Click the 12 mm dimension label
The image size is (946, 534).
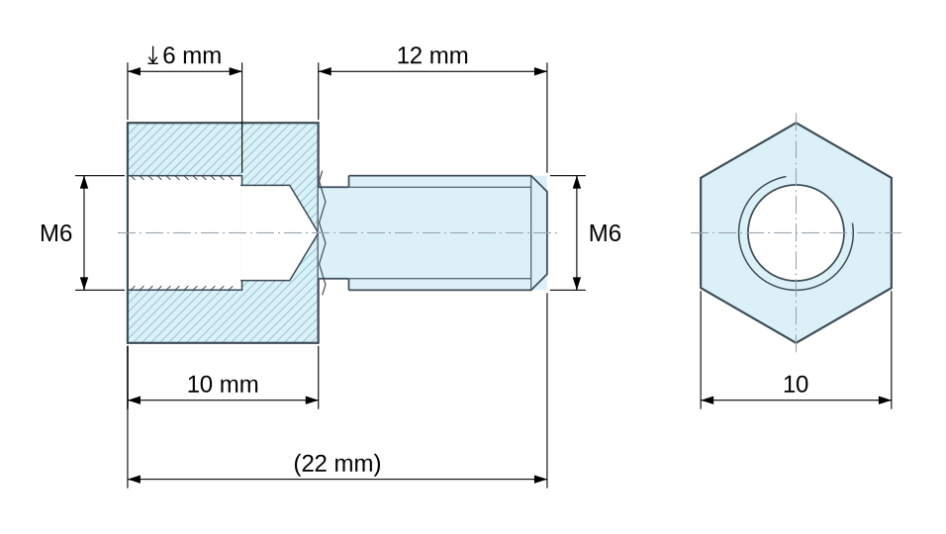tap(432, 55)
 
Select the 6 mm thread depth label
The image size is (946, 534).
tap(192, 55)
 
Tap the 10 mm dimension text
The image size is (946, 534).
tap(223, 385)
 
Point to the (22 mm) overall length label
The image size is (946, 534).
tap(337, 464)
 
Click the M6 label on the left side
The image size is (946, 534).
tap(56, 233)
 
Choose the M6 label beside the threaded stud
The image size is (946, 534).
tap(605, 233)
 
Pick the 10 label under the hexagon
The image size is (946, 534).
tap(796, 385)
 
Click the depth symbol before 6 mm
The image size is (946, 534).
tap(152, 56)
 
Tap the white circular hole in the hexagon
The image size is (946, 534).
tap(796, 232)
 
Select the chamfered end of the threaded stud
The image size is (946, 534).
tap(539, 232)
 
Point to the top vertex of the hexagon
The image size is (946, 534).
tap(796, 123)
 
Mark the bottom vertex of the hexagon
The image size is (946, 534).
tap(796, 343)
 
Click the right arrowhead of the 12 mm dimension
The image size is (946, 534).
tap(541, 71)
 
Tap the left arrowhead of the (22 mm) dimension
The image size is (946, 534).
tap(134, 480)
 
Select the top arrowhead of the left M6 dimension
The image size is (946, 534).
tap(84, 182)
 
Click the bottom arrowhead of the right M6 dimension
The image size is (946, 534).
tap(577, 283)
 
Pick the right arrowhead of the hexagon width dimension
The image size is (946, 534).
tap(885, 400)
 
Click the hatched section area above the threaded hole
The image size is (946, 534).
tap(223, 149)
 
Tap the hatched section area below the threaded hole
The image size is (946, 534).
tap(223, 315)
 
